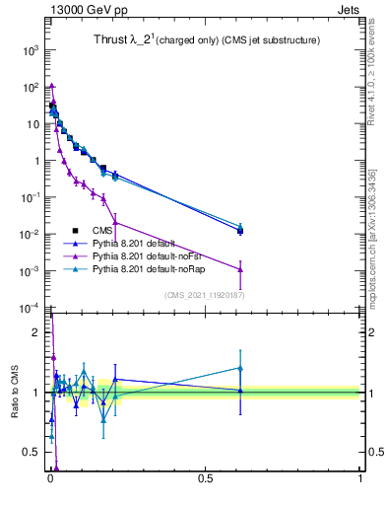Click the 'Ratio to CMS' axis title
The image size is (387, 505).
pyautogui.click(x=15, y=394)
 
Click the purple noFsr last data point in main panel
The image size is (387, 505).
pyautogui.click(x=240, y=269)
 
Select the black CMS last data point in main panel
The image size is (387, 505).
pyautogui.click(x=240, y=231)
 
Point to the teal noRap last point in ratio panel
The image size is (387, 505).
pyautogui.click(x=240, y=368)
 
